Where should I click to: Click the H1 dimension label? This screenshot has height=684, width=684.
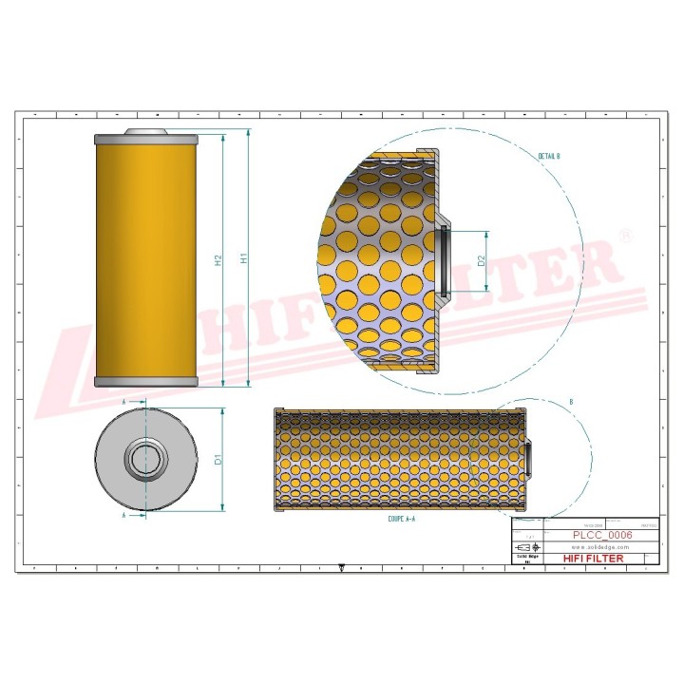pos(243,258)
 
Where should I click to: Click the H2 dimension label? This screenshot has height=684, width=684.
pos(218,258)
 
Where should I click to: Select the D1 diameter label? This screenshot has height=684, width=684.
pos(218,460)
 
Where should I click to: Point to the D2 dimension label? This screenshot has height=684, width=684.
pos(482,260)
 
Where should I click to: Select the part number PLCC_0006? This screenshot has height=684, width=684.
pos(602,536)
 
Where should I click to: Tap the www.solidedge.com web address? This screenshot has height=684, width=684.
pos(602,547)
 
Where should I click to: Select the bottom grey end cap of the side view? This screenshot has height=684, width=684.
pos(145,381)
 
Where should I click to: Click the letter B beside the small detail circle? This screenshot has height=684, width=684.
pos(570,403)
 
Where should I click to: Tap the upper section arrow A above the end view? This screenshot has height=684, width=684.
pos(124,403)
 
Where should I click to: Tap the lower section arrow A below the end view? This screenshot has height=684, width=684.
pos(124,514)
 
